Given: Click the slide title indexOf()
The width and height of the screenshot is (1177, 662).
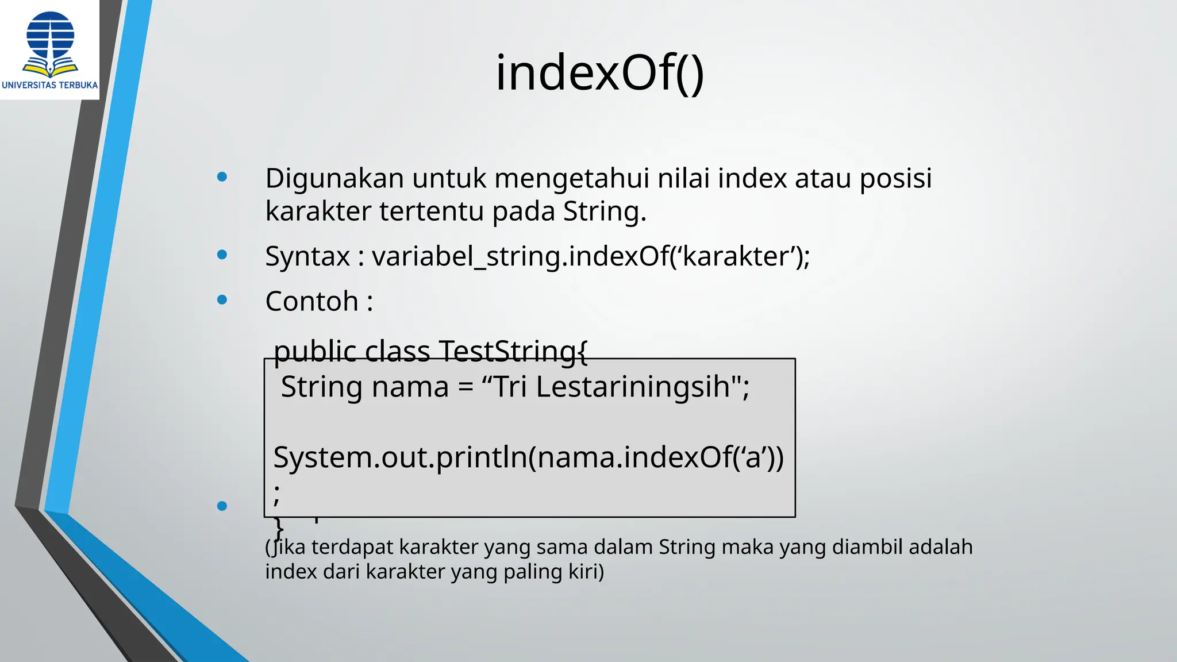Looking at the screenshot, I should pos(599,73).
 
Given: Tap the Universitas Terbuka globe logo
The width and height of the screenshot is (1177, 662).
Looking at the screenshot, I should pos(50,41).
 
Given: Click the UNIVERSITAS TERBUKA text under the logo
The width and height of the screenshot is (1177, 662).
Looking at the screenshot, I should pos(50,85).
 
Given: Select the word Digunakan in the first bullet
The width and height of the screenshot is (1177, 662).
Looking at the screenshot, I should pos(334,178).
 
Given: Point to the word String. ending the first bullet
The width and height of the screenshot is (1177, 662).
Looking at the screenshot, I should pos(604,211).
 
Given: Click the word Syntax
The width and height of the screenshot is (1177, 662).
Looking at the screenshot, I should pos(307,256).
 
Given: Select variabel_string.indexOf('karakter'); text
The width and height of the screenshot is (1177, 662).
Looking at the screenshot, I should pos(591,256).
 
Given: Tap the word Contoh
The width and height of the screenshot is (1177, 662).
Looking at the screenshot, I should pos(312,301).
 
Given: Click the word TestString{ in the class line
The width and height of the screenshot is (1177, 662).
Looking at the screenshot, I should pos(513,351).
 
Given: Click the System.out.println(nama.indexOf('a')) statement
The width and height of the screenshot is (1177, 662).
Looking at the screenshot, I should pos(528,457).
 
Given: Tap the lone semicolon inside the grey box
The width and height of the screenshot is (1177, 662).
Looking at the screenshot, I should pos(277,493).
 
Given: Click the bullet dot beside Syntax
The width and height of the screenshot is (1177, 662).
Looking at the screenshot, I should pos(222,255).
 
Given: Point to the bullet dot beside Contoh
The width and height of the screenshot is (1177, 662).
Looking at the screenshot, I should pos(222,299).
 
